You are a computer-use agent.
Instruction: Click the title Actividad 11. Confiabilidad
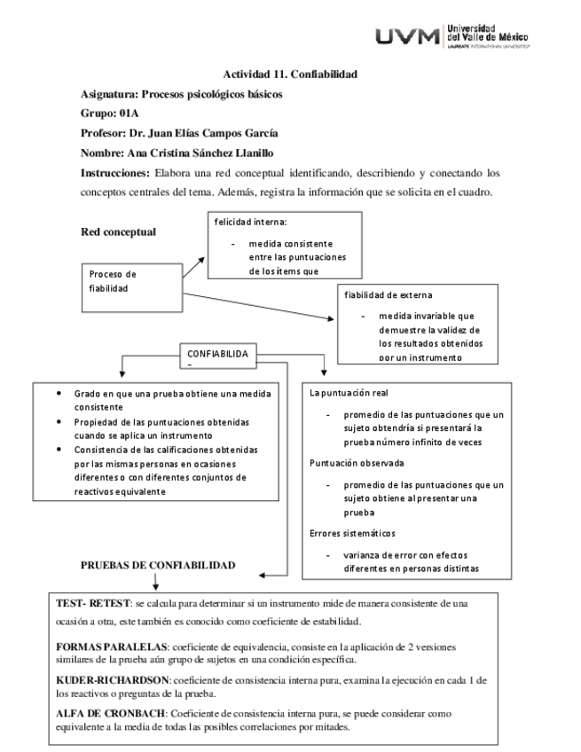coord(290,74)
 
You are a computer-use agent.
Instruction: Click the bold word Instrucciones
coord(114,172)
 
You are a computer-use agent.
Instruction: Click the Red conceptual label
coord(119,232)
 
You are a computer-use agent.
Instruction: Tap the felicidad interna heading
coord(250,223)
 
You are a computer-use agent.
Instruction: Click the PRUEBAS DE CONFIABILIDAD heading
coord(158,565)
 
